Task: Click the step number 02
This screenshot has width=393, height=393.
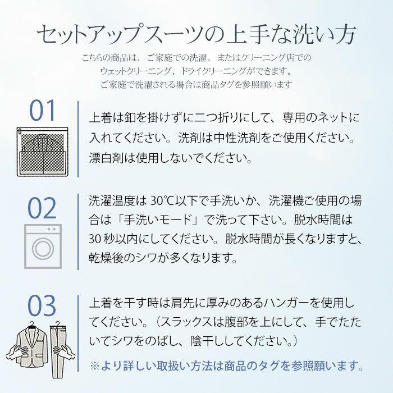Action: click(x=43, y=208)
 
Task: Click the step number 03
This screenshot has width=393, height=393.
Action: click(x=43, y=307)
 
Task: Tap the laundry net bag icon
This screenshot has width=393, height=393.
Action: click(x=42, y=150)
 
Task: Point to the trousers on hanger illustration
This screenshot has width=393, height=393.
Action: click(x=58, y=344)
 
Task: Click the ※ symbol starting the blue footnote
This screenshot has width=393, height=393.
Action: click(x=95, y=366)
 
